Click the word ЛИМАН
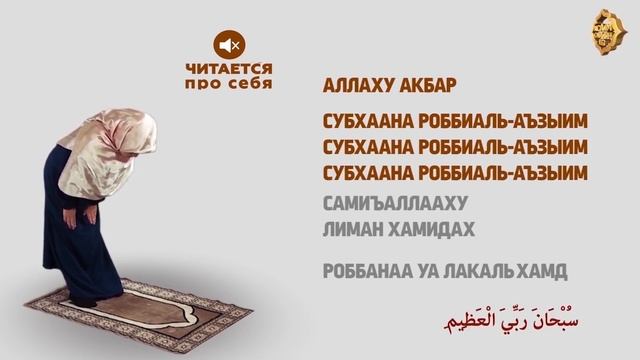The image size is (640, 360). tap(349, 229)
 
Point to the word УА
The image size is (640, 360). tap(418, 271)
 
